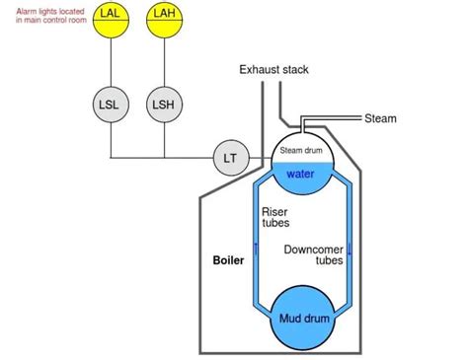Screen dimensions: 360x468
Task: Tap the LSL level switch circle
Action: [x=110, y=103]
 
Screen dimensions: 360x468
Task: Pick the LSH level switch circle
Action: [x=164, y=103]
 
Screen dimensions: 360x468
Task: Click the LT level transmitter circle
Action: [x=230, y=157]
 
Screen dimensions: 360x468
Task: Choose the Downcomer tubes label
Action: [x=313, y=255]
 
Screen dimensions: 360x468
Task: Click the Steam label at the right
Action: [x=380, y=118]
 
